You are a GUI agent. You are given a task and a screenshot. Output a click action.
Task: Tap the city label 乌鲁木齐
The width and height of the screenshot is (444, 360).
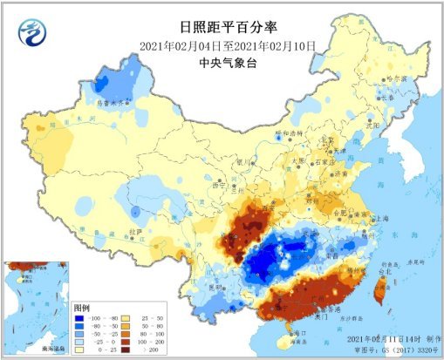[117, 102]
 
